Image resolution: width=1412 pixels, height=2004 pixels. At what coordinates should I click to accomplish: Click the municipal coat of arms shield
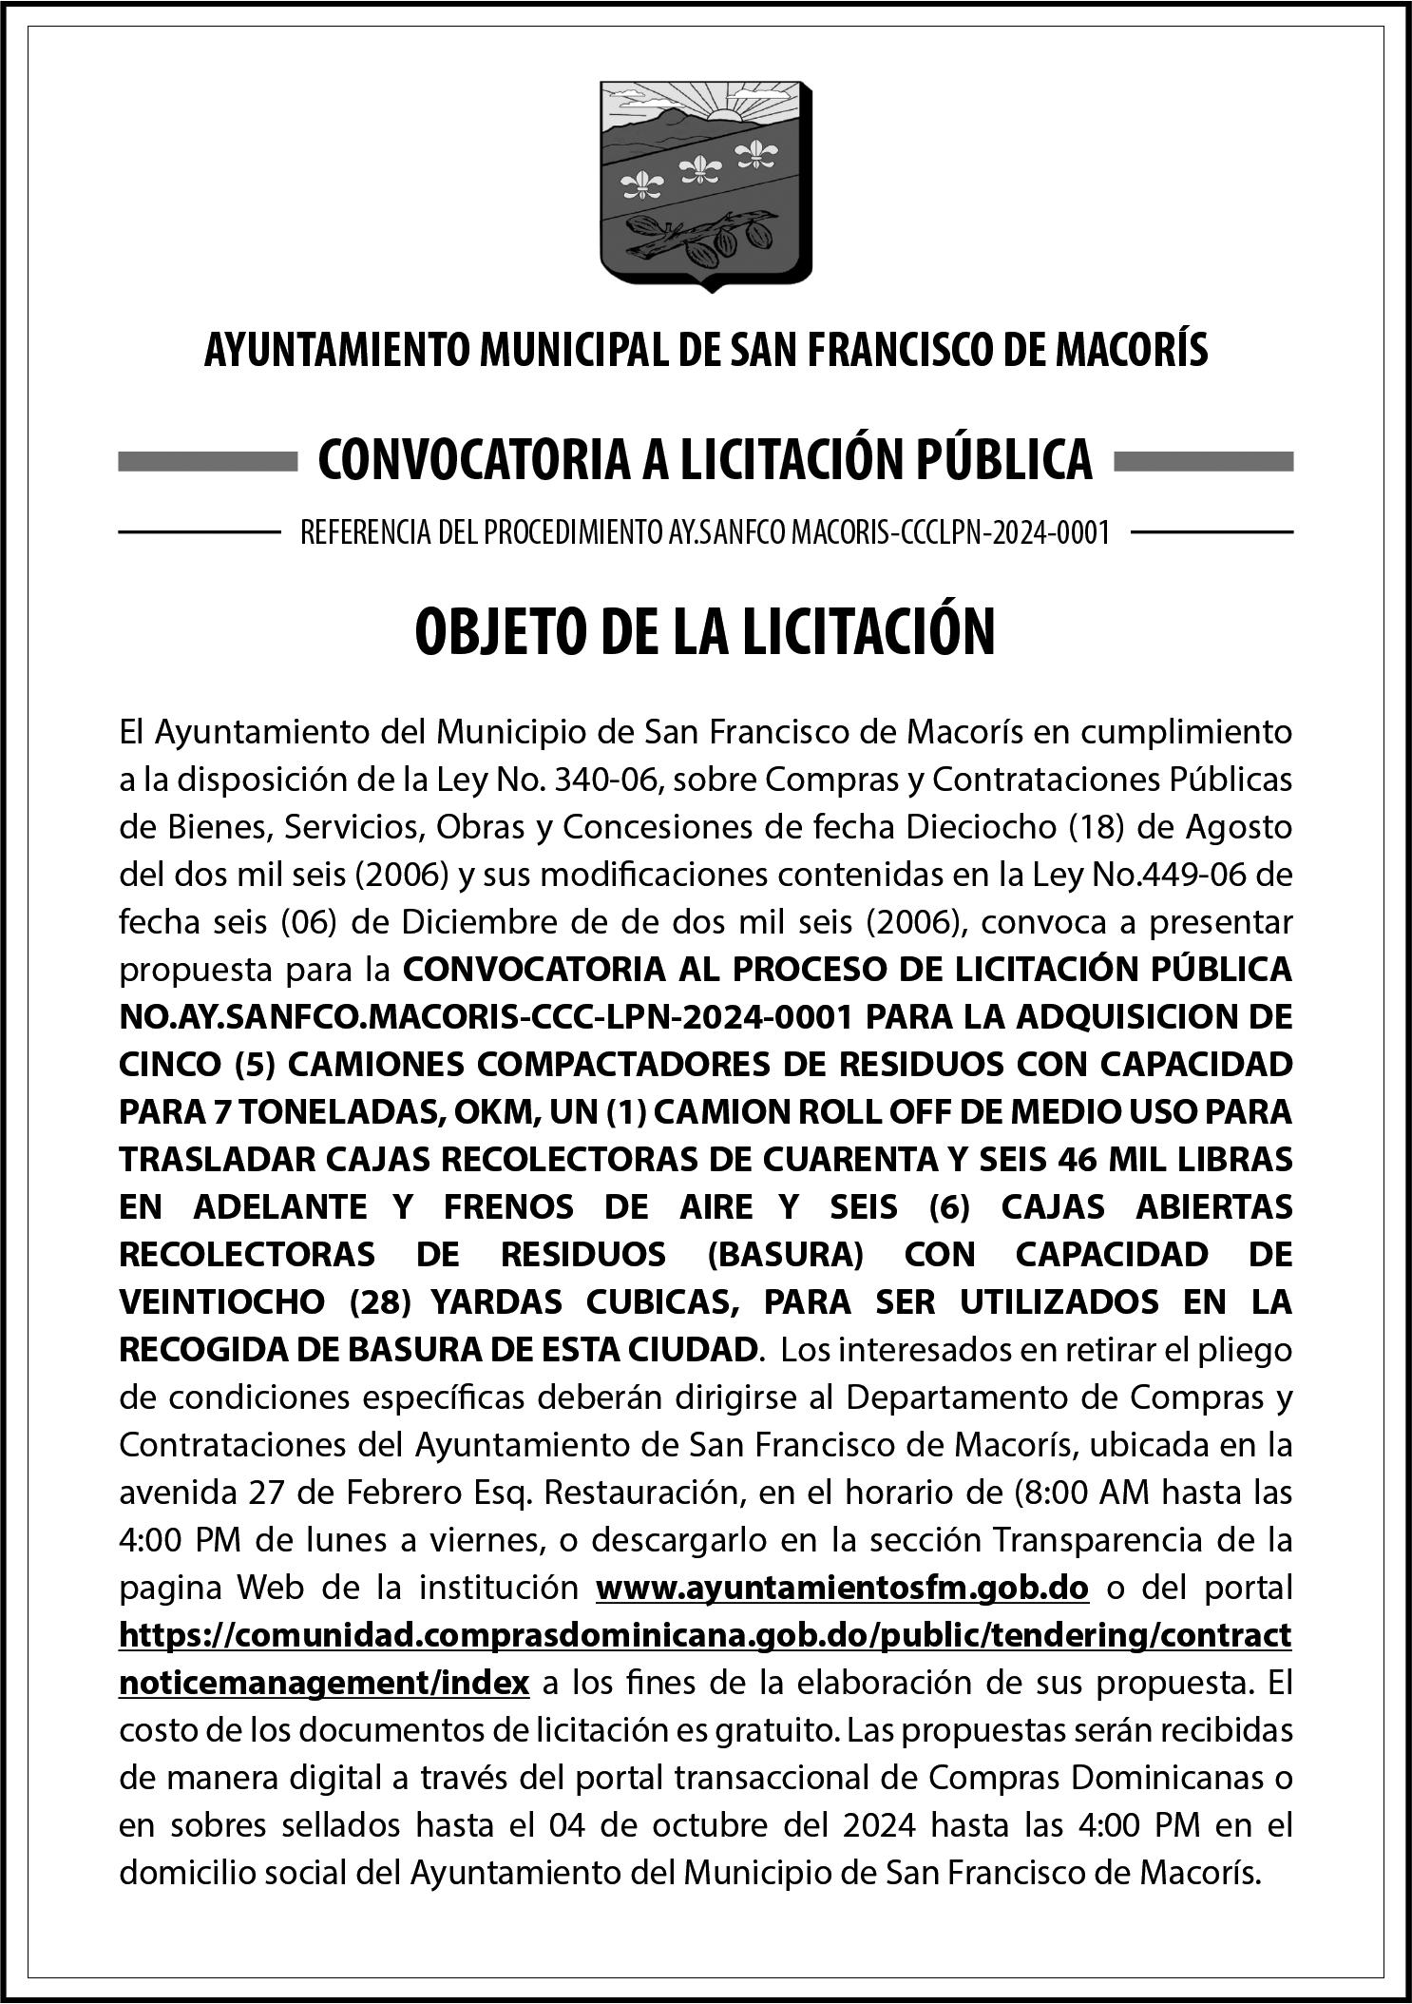[x=705, y=185]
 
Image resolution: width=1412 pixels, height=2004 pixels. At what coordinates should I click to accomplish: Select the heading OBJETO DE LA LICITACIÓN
[x=705, y=634]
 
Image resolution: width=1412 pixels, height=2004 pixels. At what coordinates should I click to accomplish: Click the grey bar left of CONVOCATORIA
[x=208, y=462]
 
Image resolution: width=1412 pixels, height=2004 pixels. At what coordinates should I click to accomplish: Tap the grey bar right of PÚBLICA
[x=1202, y=462]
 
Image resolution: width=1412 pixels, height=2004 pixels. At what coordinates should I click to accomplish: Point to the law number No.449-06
[x=1169, y=875]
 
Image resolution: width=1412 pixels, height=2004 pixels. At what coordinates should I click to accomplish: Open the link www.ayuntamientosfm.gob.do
[x=842, y=1588]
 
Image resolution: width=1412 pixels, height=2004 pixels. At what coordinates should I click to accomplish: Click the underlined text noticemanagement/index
[x=324, y=1683]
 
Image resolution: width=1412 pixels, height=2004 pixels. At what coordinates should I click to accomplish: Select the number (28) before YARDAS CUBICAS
[x=380, y=1302]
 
